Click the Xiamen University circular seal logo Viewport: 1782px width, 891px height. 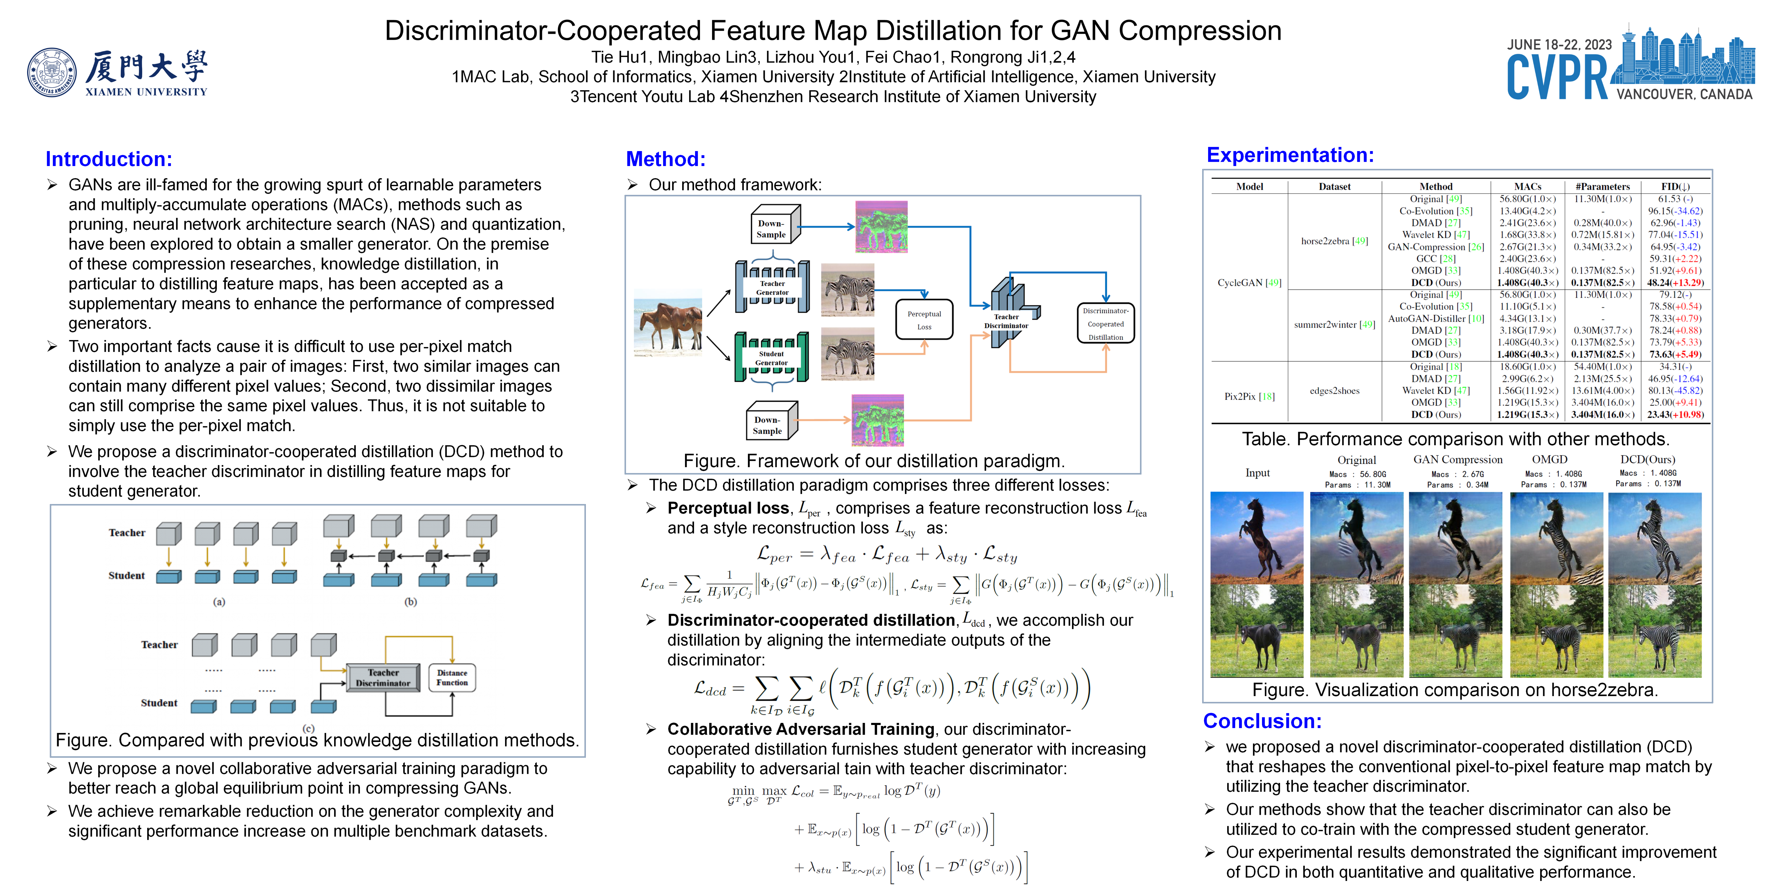[x=52, y=73]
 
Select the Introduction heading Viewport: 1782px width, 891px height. [x=109, y=159]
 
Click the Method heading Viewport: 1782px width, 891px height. [x=665, y=159]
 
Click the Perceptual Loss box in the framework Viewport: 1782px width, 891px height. [x=924, y=320]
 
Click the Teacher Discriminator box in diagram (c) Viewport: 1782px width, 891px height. [x=383, y=678]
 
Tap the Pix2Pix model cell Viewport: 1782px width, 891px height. [x=1249, y=396]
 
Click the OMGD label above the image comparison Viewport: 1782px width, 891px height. [x=1550, y=459]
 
